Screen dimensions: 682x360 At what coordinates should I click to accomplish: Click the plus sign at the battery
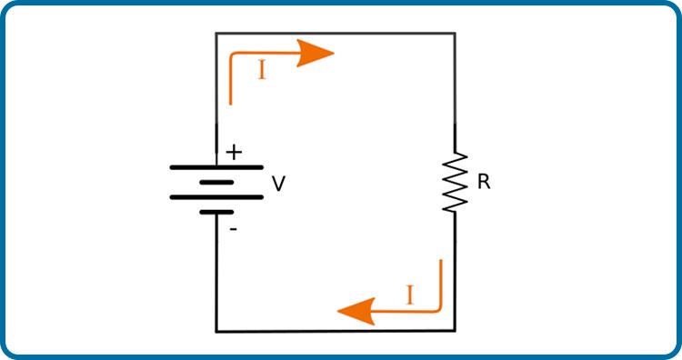(x=234, y=153)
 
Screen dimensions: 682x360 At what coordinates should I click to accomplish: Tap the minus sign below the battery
(x=234, y=229)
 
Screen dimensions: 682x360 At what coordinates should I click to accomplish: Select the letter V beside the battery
(x=279, y=184)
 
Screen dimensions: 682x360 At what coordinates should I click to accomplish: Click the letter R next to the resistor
(x=484, y=181)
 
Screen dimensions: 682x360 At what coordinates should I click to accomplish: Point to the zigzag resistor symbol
(x=455, y=182)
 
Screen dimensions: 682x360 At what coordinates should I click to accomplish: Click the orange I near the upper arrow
(x=262, y=70)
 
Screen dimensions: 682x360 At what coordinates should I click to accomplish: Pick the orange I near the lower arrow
(x=409, y=295)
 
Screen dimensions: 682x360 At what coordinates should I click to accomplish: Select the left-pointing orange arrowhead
(x=356, y=311)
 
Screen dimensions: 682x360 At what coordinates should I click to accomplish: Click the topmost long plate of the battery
(x=216, y=167)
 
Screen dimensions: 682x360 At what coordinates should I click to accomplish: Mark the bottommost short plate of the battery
(x=216, y=212)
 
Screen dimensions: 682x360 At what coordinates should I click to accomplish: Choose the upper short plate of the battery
(x=216, y=183)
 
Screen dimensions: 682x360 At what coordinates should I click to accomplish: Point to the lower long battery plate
(x=216, y=197)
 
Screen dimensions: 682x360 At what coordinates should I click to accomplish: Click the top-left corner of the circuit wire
(x=216, y=33)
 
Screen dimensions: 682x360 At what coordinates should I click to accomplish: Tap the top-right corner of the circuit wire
(x=455, y=33)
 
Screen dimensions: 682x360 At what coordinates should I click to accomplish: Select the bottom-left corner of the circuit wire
(x=216, y=331)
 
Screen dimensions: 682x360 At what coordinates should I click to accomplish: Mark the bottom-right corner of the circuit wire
(x=455, y=331)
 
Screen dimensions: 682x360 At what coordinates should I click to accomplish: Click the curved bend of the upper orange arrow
(x=232, y=55)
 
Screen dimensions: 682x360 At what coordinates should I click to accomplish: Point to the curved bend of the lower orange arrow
(x=439, y=309)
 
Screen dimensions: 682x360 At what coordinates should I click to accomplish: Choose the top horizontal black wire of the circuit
(x=336, y=33)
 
